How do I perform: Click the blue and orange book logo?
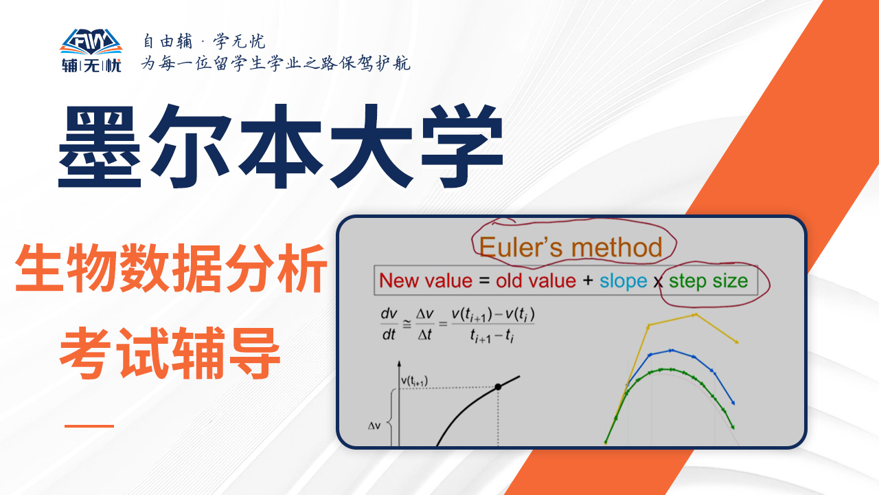point(91,42)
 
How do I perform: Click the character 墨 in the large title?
point(100,146)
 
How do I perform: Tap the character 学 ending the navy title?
point(462,146)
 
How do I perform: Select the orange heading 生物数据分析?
point(172,268)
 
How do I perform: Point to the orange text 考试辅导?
point(170,353)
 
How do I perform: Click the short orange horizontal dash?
point(89,426)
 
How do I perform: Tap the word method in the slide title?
point(617,247)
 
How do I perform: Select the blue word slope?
point(623,282)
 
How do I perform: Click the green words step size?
point(708,282)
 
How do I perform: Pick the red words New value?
point(426,281)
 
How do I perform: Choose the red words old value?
point(536,281)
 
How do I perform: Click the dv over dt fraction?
point(389,324)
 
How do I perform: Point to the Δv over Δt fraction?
point(424,324)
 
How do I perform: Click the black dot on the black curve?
point(498,387)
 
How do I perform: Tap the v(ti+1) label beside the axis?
point(414,381)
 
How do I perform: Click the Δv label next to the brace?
point(374,426)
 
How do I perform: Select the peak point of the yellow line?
point(695,315)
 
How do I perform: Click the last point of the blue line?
point(733,403)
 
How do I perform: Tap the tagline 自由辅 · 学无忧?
point(204,41)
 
